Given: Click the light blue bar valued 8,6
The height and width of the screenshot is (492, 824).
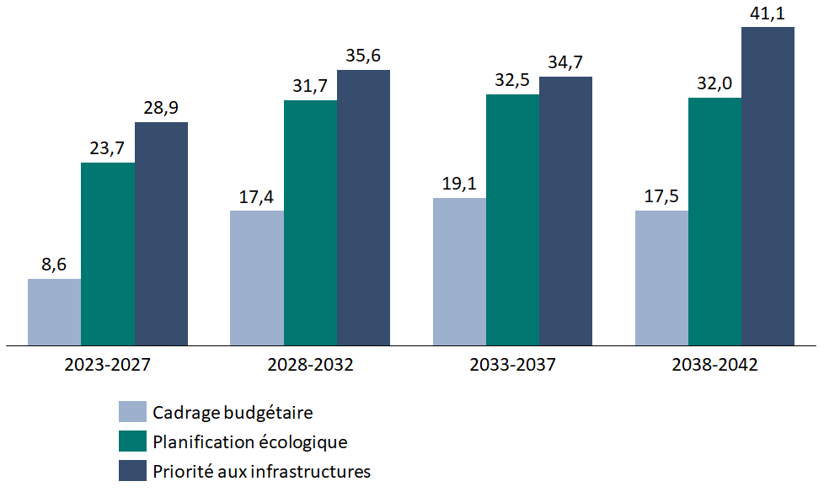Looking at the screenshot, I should click(55, 312).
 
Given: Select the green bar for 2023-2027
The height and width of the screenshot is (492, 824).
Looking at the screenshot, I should click(108, 254).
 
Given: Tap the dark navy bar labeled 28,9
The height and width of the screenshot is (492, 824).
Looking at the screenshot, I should click(161, 233).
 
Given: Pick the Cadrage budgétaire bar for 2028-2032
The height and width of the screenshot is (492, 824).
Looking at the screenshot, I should click(257, 278).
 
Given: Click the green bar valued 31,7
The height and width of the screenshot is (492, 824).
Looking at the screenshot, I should click(310, 222).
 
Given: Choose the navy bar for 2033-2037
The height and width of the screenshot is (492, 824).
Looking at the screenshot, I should click(566, 211).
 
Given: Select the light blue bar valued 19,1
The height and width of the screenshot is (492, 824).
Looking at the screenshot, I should click(459, 271).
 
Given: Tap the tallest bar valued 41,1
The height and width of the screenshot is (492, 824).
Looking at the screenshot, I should click(768, 186).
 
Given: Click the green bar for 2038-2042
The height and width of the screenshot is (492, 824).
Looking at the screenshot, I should click(714, 222).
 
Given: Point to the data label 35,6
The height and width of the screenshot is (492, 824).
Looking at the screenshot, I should click(363, 56).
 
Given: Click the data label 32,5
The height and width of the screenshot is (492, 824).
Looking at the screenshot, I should click(512, 81).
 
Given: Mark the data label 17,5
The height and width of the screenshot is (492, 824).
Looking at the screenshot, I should click(661, 197).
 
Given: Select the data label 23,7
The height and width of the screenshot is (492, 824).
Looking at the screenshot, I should click(108, 149).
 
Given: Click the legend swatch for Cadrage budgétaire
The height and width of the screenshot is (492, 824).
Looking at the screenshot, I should click(132, 412).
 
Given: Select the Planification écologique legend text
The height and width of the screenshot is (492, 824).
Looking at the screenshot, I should click(249, 441).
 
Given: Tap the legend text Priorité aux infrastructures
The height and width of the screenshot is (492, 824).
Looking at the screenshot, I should click(261, 471).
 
